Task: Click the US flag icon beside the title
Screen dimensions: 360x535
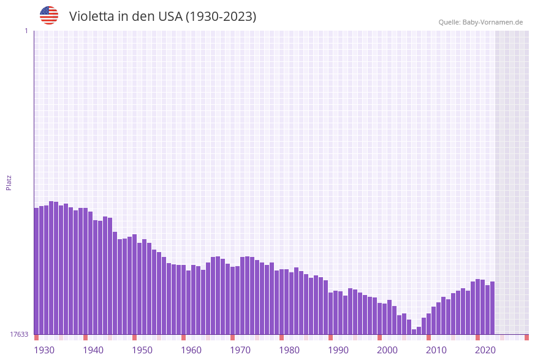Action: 49,15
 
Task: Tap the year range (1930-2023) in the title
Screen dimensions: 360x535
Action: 221,17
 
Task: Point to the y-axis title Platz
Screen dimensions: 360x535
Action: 9,182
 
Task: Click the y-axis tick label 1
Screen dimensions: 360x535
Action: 26,31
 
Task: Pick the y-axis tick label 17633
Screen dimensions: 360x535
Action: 19,334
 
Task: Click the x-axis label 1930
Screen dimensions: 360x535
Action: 44,350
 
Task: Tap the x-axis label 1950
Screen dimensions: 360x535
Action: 142,350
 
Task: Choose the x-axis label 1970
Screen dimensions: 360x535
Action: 240,350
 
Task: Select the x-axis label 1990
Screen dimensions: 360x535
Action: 338,350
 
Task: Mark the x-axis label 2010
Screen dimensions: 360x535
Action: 436,350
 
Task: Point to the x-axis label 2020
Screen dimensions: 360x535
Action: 485,350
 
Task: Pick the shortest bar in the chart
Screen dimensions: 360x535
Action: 414,332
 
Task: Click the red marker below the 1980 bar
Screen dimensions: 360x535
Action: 282,337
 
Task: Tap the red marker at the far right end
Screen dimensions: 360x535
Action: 526,337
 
